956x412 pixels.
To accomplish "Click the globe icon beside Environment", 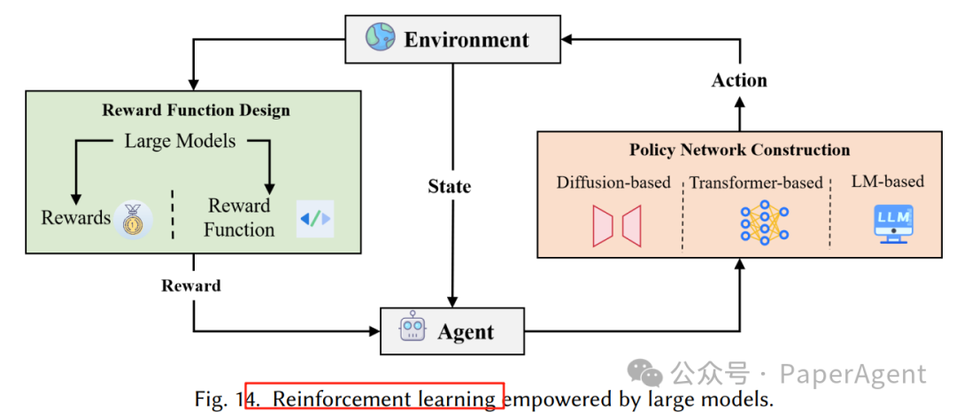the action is [x=381, y=38].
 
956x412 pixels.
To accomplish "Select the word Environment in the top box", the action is [x=466, y=40].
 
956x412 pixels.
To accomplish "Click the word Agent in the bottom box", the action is [x=466, y=332].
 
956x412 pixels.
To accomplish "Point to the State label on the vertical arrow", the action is [x=450, y=186].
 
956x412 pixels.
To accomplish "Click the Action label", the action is [x=739, y=80].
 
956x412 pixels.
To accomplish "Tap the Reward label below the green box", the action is [x=191, y=285].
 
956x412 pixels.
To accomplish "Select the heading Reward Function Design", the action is [x=196, y=110].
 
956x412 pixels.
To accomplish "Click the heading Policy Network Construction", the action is [x=739, y=150].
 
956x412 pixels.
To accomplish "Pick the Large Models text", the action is [x=180, y=141].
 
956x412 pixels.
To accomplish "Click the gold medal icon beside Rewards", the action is [x=133, y=219].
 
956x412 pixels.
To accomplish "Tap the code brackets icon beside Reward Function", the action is [x=315, y=218].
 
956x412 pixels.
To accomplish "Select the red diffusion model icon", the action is [x=617, y=226].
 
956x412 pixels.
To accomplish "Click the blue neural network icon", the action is [x=764, y=223].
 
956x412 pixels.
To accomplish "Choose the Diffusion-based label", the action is [x=613, y=183].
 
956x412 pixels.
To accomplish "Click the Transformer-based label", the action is [x=756, y=183].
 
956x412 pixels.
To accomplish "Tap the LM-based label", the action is [x=888, y=181].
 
